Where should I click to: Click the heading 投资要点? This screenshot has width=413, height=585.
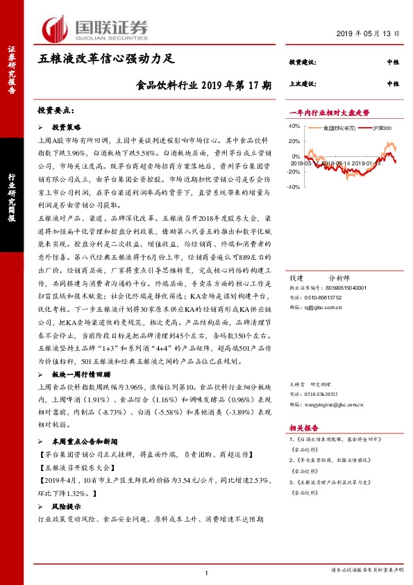tap(56, 110)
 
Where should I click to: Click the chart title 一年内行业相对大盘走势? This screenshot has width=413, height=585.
tap(328, 112)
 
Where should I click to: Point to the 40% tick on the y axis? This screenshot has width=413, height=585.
tap(293, 126)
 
